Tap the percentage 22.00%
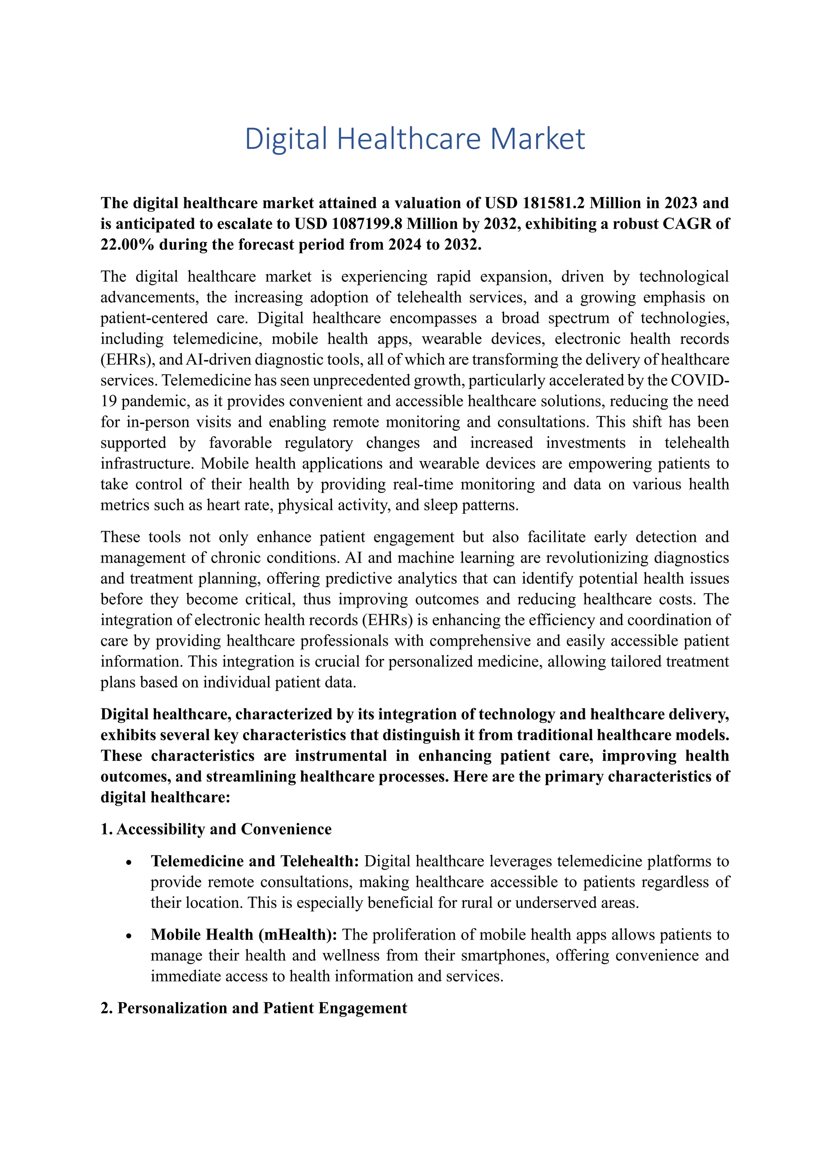[x=127, y=244]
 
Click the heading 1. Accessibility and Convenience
[x=216, y=829]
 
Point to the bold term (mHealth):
[x=297, y=935]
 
